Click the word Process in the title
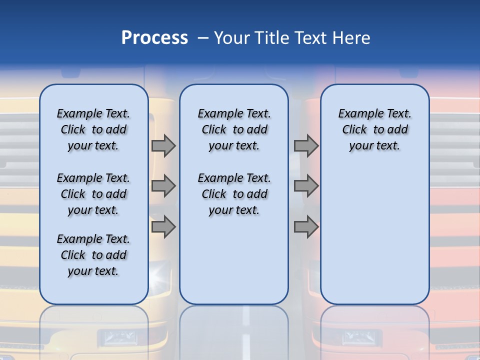154,37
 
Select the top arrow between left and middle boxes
163,145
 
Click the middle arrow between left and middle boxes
163,186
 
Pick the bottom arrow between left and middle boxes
163,227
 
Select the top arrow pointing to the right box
306,145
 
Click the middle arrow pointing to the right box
306,186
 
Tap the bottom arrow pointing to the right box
306,227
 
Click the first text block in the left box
93,129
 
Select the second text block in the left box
93,194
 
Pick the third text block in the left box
93,255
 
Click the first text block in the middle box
234,129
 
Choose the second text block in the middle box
234,194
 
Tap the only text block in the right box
374,129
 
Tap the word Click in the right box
354,129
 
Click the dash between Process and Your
202,38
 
